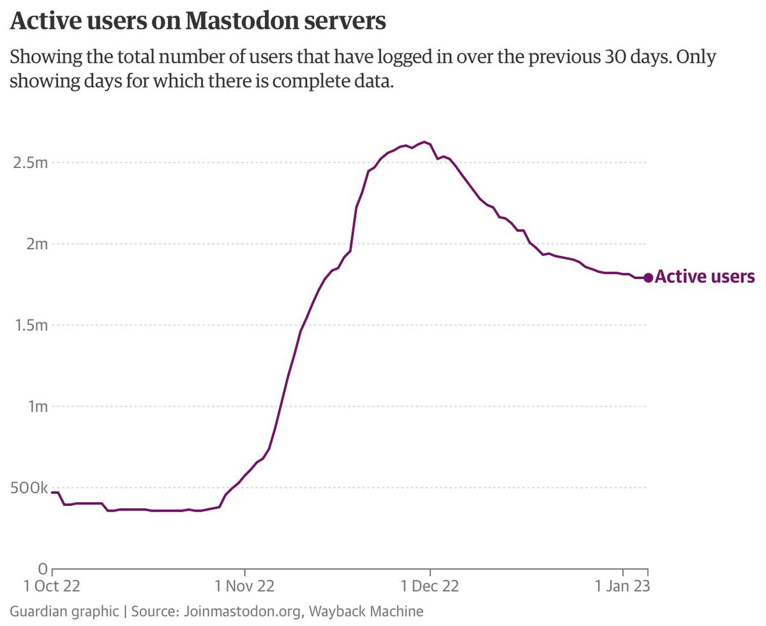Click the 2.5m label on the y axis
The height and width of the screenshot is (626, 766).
pos(30,162)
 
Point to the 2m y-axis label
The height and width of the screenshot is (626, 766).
pos(37,243)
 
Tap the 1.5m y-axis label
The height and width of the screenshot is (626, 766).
pos(31,324)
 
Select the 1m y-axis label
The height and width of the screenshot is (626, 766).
pos(38,406)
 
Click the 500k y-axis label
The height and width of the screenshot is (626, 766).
pos(29,487)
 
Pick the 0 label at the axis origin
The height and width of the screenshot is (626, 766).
pos(43,569)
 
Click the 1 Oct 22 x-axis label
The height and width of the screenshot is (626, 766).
pos(52,586)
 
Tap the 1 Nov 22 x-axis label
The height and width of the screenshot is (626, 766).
pos(244,586)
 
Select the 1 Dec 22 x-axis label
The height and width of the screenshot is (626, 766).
pos(430,586)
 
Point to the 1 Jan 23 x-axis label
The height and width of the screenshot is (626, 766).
pos(622,586)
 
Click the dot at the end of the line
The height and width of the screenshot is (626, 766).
pos(649,278)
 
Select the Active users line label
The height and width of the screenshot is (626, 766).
pos(705,277)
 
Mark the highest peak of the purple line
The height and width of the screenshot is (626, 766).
pos(424,142)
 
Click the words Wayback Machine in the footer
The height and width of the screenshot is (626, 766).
pos(366,611)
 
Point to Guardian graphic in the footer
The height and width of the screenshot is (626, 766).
pos(64,611)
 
